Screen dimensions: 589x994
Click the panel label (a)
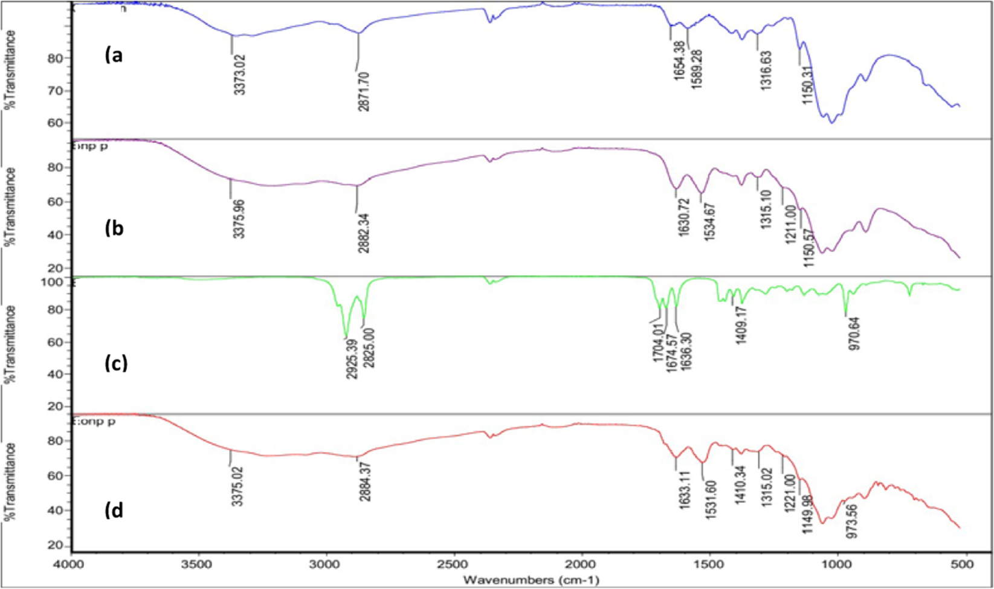tap(114, 56)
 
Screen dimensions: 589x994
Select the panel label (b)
tap(114, 229)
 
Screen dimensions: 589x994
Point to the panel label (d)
tap(114, 510)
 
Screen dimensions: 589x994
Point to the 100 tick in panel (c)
tap(55, 282)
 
